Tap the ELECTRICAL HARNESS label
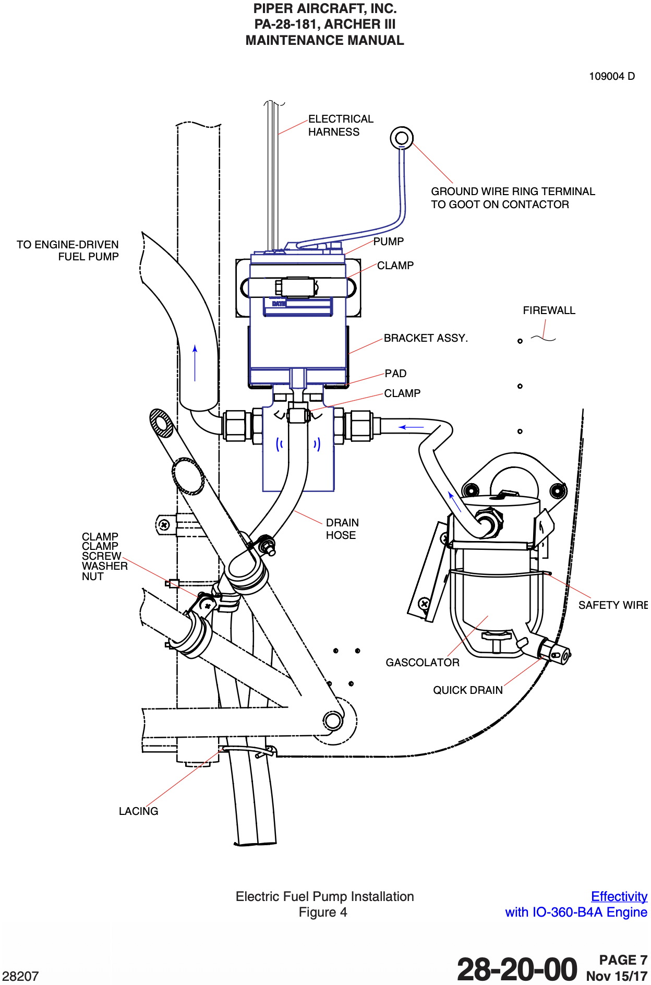point(341,125)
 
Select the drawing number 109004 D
point(612,76)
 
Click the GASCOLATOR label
point(423,663)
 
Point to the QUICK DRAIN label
point(468,690)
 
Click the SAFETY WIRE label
point(613,605)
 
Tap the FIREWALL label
point(549,310)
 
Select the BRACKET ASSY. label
point(426,338)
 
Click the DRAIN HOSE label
point(342,529)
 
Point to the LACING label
point(138,811)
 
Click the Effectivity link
point(619,896)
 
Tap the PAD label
point(395,374)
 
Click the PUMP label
point(389,242)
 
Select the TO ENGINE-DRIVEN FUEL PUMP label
point(68,250)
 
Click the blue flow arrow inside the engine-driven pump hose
point(195,363)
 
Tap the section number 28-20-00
point(517,969)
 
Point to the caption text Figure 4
point(323,912)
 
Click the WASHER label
point(105,566)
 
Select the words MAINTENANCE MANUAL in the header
point(324,40)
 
